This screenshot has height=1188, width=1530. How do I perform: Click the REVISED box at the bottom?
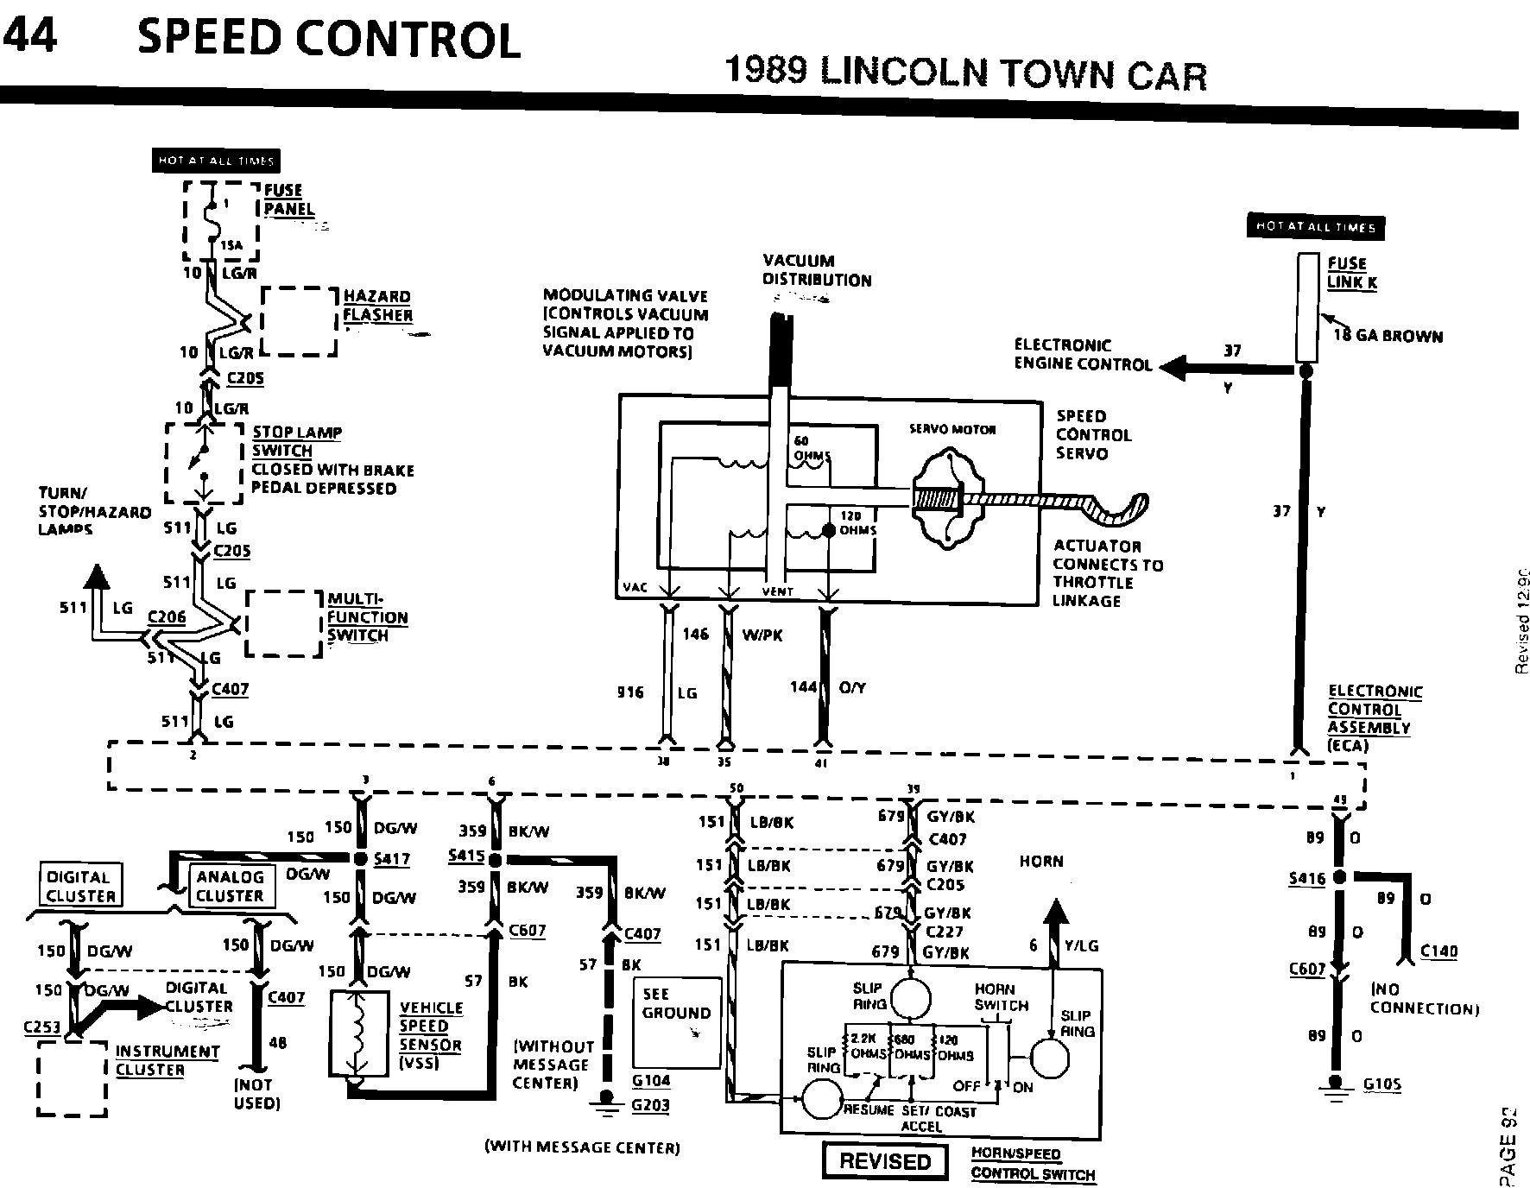point(885,1161)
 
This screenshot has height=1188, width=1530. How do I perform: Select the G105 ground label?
point(1382,1085)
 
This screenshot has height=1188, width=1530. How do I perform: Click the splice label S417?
point(393,859)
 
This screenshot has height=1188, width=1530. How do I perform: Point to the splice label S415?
point(466,856)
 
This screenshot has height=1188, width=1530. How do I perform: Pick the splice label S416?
point(1306,879)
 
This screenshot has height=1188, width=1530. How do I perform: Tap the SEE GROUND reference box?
point(677,1022)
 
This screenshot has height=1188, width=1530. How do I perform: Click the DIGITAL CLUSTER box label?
point(79,887)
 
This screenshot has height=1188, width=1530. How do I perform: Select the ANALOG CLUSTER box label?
point(230,887)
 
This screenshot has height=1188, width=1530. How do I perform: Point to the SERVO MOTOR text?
point(952,429)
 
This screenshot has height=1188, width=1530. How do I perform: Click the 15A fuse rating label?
point(232,245)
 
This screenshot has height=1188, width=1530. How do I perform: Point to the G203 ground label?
point(650,1105)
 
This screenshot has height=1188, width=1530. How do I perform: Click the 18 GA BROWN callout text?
point(1388,336)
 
